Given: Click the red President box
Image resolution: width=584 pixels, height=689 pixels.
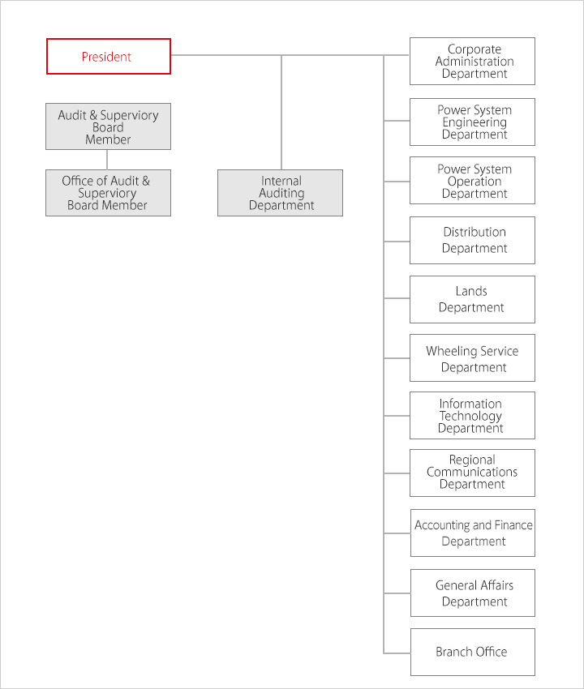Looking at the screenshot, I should [x=109, y=57].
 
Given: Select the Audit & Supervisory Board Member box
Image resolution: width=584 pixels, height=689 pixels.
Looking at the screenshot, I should [x=108, y=126].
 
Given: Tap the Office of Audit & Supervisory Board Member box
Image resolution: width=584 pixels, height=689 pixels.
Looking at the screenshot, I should [x=108, y=193].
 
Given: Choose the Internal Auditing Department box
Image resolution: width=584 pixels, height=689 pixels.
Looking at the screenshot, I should [x=281, y=193].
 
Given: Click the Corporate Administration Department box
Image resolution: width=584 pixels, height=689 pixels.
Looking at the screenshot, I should [x=472, y=61].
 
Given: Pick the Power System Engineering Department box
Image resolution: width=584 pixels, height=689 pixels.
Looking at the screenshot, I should [x=472, y=122].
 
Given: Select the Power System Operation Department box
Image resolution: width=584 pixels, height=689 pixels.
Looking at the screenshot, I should [x=472, y=181].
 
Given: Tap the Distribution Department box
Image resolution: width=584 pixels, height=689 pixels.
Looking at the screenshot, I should [x=472, y=240].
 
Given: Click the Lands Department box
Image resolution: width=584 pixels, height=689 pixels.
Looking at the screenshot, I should [x=472, y=299].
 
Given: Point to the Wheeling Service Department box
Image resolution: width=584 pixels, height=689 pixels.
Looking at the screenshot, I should [x=472, y=358].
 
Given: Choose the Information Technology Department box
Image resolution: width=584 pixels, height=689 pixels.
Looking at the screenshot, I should [x=472, y=416].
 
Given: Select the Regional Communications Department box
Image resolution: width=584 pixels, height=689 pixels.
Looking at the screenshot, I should [x=472, y=473].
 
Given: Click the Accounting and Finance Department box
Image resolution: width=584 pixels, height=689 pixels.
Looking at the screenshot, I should [x=473, y=533].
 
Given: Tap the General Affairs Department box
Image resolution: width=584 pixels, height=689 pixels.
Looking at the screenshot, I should [x=473, y=593].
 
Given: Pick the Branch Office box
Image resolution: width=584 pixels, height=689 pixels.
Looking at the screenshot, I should [x=473, y=652].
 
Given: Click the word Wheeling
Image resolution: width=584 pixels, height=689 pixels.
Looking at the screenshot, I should [x=449, y=351].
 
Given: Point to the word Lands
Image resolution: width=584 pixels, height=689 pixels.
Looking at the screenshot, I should [x=471, y=291].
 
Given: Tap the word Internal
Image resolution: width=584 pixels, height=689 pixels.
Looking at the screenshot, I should [x=281, y=181].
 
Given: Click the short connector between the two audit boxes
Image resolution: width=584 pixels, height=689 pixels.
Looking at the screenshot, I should [x=108, y=159].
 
